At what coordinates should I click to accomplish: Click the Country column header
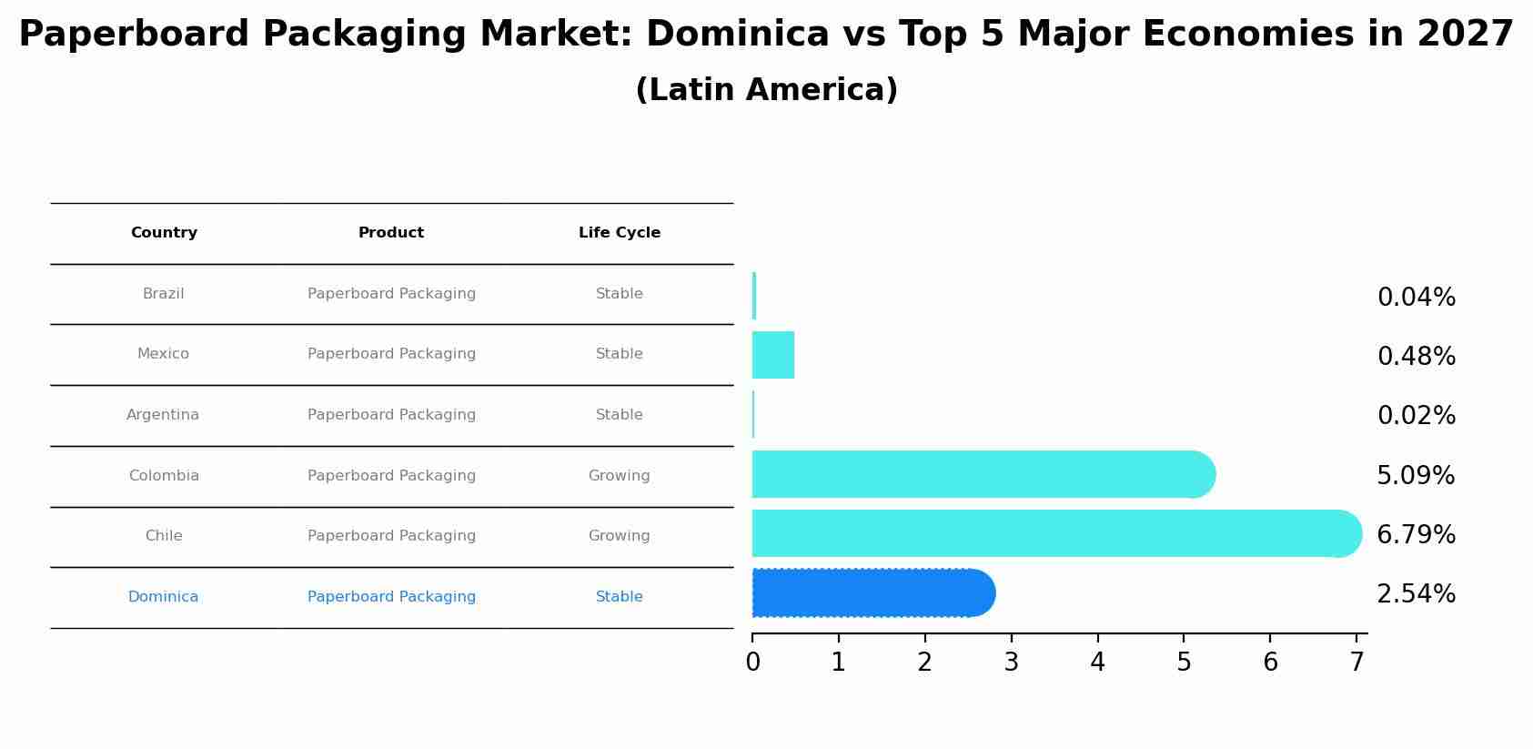[164, 233]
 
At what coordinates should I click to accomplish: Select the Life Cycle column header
[620, 233]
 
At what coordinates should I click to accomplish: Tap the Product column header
[391, 233]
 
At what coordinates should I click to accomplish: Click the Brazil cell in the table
[164, 294]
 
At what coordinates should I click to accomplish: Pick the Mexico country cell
[164, 354]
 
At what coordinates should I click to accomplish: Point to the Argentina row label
[163, 415]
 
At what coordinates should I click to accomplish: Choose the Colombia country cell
[164, 476]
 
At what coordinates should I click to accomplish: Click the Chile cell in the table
[164, 536]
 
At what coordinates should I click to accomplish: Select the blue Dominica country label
[164, 597]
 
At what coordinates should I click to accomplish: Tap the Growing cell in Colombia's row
[620, 476]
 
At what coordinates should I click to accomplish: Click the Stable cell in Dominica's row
[620, 597]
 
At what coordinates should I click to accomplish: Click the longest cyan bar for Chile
[1055, 533]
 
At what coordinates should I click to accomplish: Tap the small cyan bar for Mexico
[773, 355]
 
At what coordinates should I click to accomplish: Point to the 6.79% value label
[1416, 535]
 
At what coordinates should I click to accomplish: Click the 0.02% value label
[1416, 416]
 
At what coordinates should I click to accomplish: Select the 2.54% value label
[1416, 594]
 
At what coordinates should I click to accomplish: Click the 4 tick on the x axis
[1097, 663]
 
